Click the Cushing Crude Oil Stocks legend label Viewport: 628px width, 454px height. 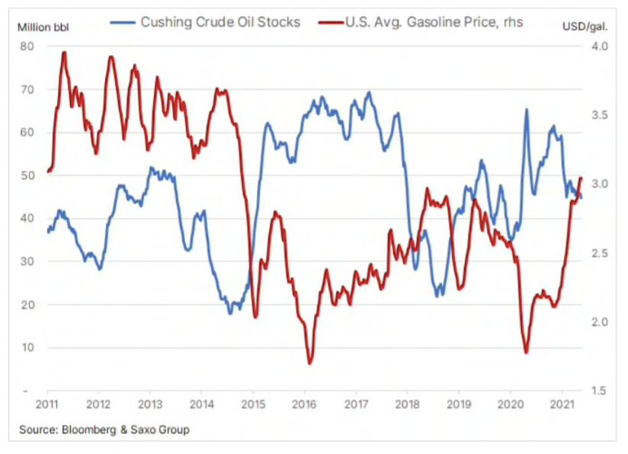221,22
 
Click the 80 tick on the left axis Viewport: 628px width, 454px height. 27,46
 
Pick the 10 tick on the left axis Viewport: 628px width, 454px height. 27,348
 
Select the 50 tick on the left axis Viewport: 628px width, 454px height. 27,175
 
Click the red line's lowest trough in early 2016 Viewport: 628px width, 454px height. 310,363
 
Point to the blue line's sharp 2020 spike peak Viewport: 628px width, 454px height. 527,110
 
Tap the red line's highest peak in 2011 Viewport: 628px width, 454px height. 64,53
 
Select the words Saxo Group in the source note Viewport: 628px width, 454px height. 163,430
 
